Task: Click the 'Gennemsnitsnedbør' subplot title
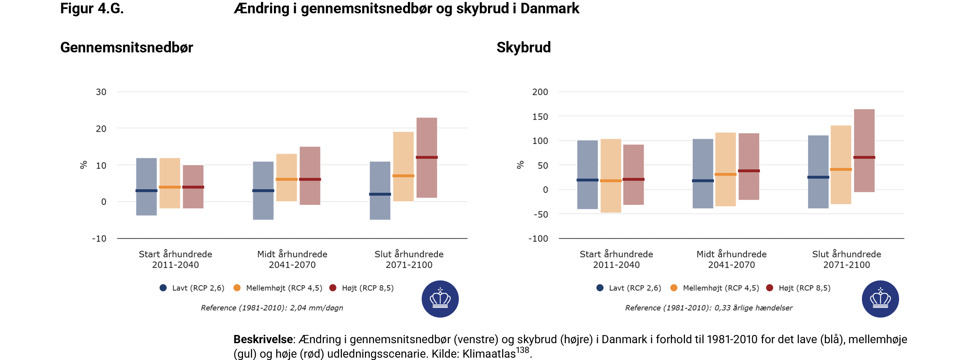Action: point(127,47)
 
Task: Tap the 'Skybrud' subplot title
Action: point(524,47)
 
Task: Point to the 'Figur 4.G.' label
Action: point(92,8)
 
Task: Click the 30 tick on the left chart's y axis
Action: point(101,92)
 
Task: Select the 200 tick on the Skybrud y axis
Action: point(540,92)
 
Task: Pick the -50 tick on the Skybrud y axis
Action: point(541,214)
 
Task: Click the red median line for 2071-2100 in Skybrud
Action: point(864,157)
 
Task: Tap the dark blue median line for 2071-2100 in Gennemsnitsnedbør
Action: point(380,194)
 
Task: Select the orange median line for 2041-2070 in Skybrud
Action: point(725,174)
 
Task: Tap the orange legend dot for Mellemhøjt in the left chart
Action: point(237,288)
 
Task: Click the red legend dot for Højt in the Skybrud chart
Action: point(769,288)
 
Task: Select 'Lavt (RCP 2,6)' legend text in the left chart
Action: point(198,288)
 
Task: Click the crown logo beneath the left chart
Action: point(440,299)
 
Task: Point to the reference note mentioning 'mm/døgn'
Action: point(272,308)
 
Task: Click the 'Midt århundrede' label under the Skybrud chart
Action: point(731,254)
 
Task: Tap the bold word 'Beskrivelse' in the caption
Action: point(263,339)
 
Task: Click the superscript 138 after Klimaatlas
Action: point(522,350)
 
